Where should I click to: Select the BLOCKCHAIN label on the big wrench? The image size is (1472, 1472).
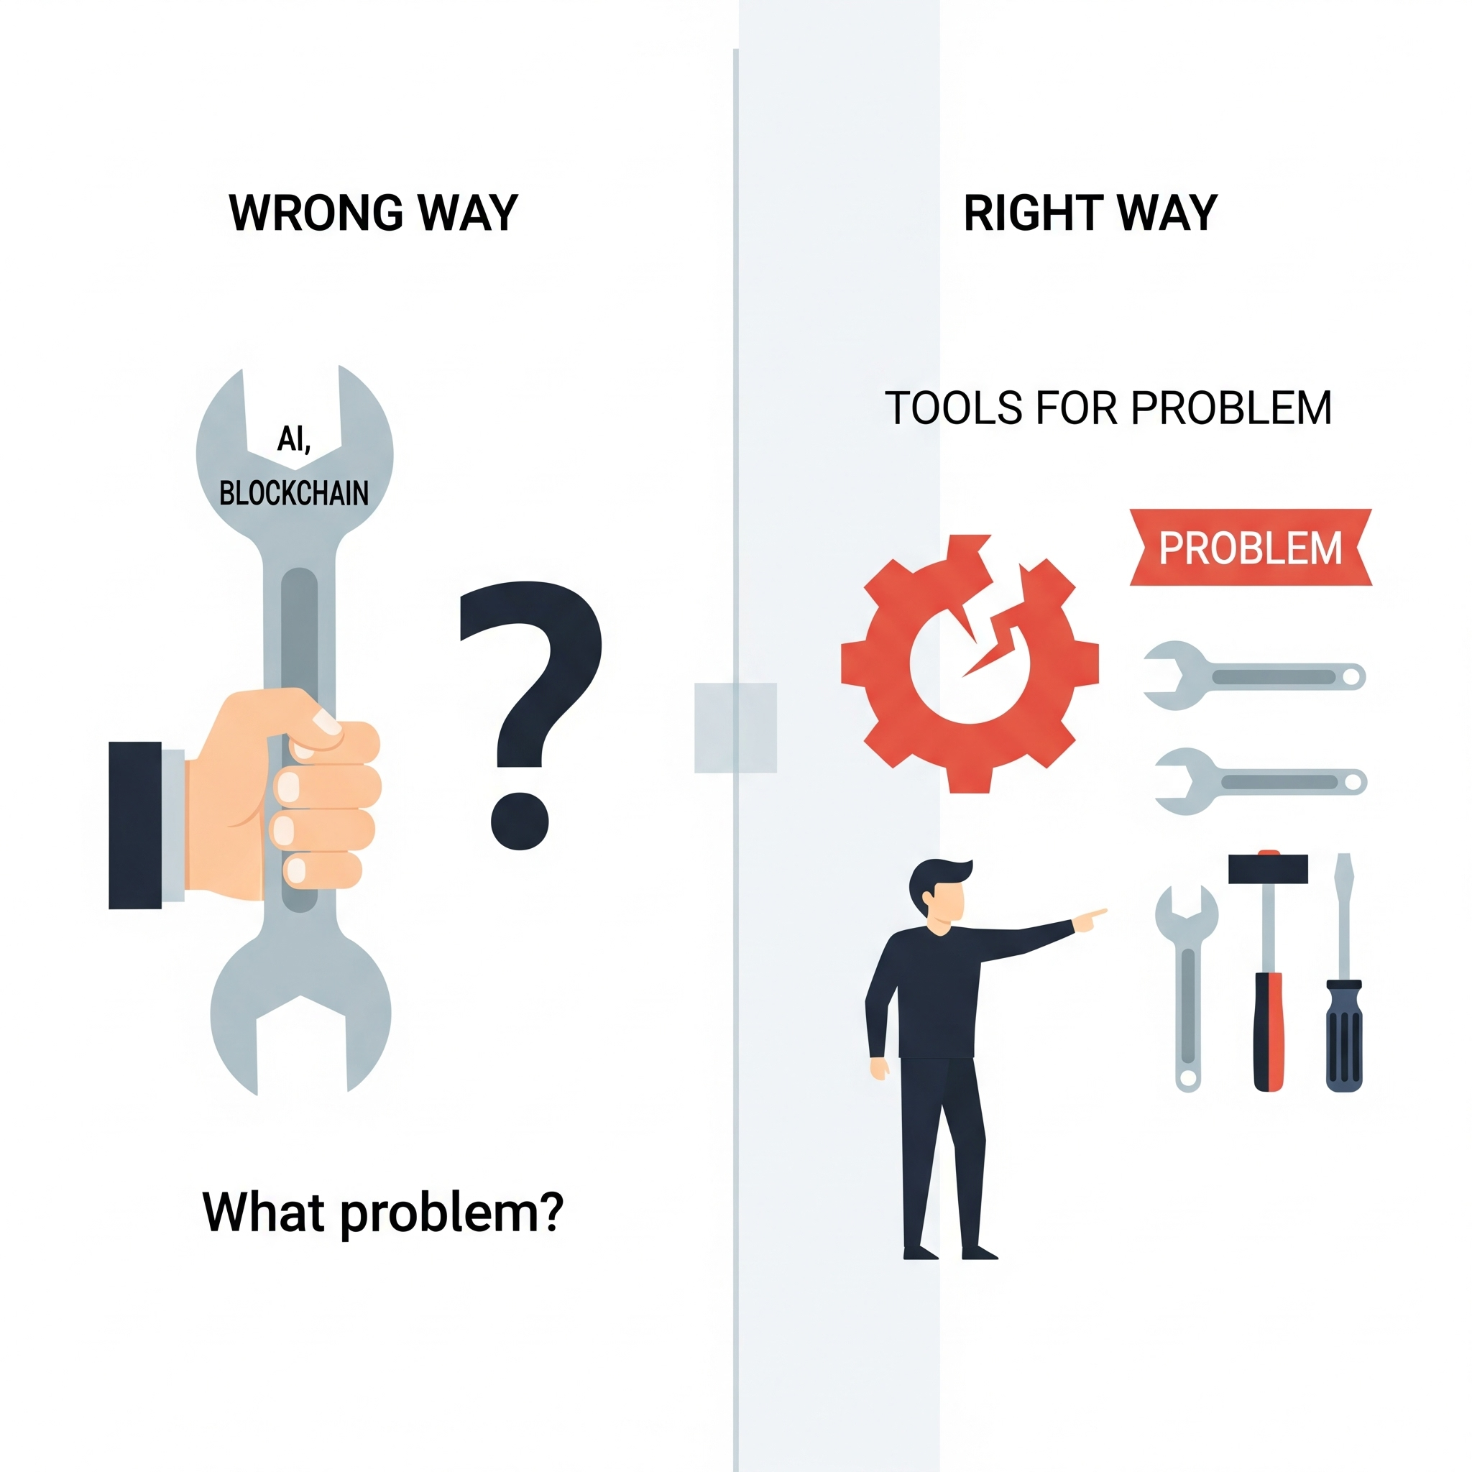[293, 494]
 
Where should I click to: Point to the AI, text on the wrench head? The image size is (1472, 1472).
[293, 439]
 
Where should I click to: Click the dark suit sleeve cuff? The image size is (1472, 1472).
[135, 825]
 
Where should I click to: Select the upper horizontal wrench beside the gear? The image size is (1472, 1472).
[1253, 676]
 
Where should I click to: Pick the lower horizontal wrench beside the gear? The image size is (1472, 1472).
[1260, 782]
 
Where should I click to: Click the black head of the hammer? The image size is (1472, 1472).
[1268, 868]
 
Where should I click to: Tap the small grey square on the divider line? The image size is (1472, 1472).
[735, 727]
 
